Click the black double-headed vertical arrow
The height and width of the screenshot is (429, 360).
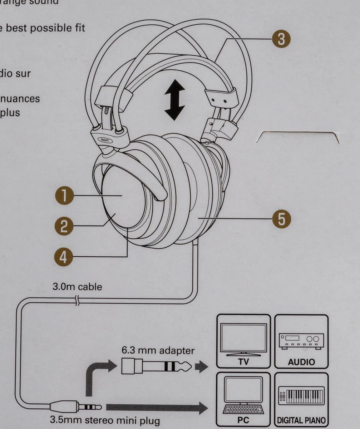[x=174, y=100]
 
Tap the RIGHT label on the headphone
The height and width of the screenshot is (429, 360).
[x=105, y=140]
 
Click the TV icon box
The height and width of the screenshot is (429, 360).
[x=243, y=341]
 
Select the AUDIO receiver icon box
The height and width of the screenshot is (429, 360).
[x=301, y=341]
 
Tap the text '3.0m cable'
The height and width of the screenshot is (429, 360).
[x=77, y=287]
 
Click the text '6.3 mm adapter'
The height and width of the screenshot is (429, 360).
[x=158, y=350]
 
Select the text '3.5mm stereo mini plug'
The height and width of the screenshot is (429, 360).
[x=105, y=420]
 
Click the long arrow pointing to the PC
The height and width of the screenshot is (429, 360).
[x=157, y=407]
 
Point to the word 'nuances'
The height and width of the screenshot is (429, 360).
[x=20, y=98]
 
